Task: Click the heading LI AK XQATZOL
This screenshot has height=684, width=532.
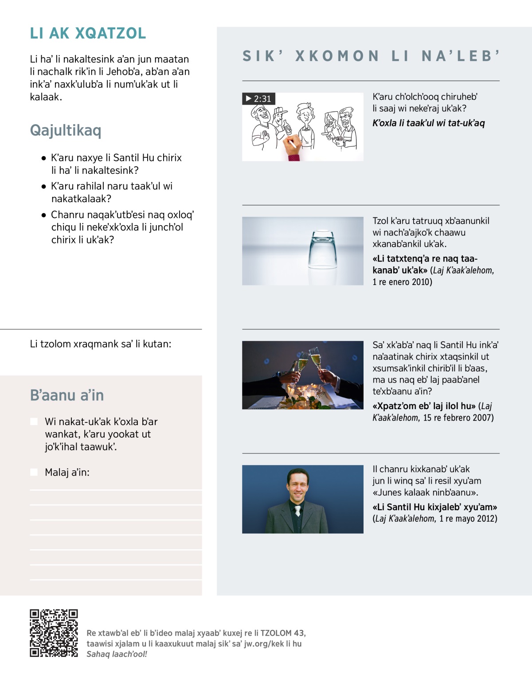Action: coord(88,33)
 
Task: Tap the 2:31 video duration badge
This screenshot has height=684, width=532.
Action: coord(259,98)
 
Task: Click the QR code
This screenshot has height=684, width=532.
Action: coord(54,633)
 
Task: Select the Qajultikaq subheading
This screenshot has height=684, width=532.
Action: coord(66,130)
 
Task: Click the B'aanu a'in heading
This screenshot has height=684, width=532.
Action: coord(67,395)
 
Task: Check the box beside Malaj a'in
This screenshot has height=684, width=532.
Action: coord(34,472)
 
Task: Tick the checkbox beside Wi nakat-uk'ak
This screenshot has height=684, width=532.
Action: coord(34,422)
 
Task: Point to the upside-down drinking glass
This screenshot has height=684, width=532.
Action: coord(326,251)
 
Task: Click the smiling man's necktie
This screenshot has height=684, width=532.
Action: coord(297,511)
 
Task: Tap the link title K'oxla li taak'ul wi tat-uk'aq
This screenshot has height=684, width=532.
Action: coord(429,123)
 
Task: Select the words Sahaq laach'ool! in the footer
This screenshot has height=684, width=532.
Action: coord(117,654)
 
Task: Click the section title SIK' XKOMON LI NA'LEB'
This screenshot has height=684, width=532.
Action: coord(371,56)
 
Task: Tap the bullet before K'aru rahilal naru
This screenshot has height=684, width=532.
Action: coord(43,187)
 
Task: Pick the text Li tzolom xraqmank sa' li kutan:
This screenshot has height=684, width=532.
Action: coord(101,344)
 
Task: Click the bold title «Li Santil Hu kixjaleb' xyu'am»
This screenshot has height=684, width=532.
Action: coord(435,507)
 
